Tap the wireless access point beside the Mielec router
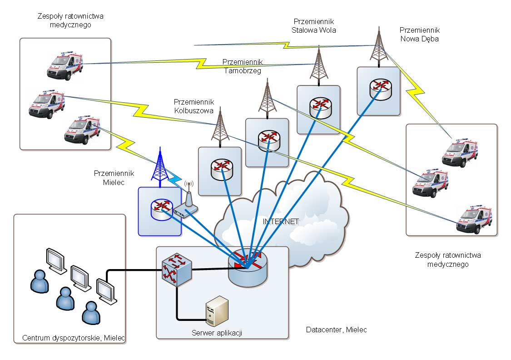coord(187,205)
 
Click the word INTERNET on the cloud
coord(281,222)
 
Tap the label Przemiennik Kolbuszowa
coord(193,106)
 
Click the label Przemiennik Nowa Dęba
coord(419,34)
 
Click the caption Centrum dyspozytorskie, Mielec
coord(74,338)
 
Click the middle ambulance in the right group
coord(430,183)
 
